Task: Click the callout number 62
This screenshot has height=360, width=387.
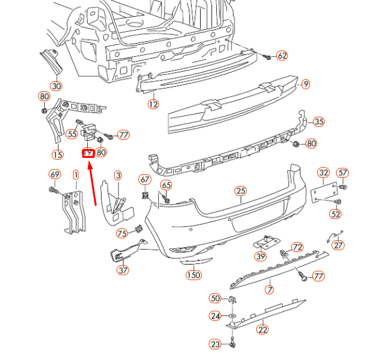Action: (282, 56)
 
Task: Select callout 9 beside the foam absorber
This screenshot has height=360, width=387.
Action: (305, 84)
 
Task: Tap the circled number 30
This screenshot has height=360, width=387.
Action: (56, 86)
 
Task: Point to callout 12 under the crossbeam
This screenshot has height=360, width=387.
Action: (153, 104)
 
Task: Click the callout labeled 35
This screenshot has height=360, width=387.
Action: (319, 122)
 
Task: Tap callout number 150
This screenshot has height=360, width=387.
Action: (194, 275)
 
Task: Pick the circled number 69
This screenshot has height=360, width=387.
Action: (55, 174)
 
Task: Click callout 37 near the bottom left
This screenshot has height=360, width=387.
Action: (123, 270)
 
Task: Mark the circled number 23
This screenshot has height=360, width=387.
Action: (215, 344)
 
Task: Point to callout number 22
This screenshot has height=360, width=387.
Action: (262, 329)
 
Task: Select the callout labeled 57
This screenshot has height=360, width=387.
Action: (342, 173)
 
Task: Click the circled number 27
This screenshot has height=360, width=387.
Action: (338, 245)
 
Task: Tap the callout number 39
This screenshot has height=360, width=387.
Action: (260, 256)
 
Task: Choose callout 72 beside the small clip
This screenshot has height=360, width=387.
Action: (297, 247)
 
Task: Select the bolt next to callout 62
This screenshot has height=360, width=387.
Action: (267, 56)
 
